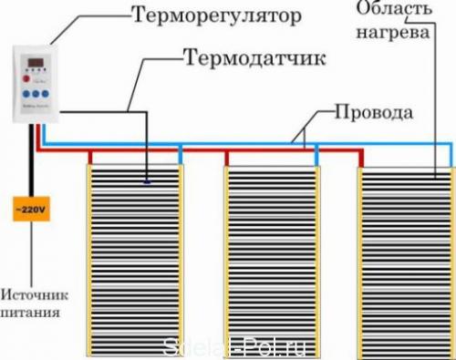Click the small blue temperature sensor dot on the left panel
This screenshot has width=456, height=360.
[x=145, y=181]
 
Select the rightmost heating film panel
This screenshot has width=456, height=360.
[x=405, y=260]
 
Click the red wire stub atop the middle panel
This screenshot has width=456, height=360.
[x=226, y=155]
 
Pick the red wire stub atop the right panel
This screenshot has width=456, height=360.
[x=361, y=155]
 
